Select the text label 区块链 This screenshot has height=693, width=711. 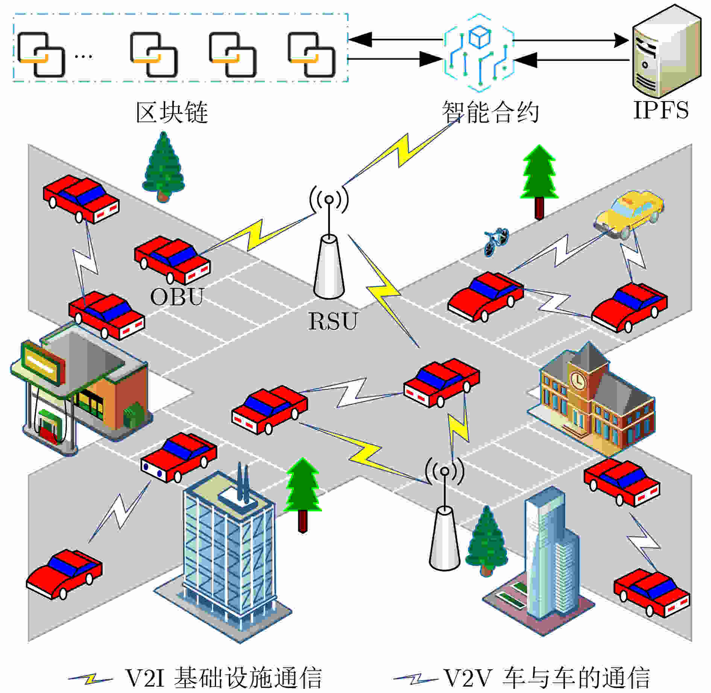(x=172, y=112)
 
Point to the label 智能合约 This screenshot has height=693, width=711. (x=490, y=112)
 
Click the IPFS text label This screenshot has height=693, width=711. (x=661, y=110)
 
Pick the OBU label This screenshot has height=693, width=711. (x=177, y=297)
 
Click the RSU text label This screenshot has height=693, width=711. (x=333, y=321)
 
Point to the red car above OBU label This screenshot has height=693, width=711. (x=172, y=259)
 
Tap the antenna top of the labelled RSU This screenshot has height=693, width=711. (x=329, y=200)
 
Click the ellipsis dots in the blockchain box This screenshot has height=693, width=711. (x=83, y=57)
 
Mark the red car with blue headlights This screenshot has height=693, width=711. (x=179, y=457)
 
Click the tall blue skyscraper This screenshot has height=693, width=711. (x=549, y=557)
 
